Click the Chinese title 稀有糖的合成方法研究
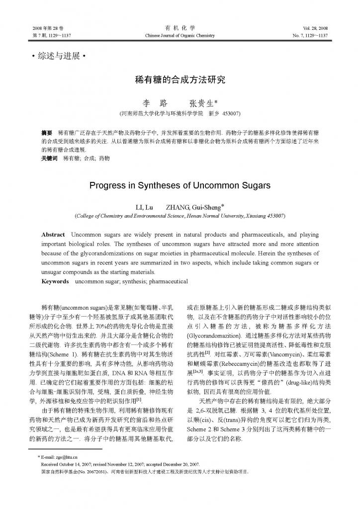point(180,79)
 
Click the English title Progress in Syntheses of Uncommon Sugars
point(180,186)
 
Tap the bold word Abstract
point(53,234)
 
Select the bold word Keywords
point(55,281)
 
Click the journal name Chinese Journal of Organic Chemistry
point(180,36)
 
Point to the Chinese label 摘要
point(47,134)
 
